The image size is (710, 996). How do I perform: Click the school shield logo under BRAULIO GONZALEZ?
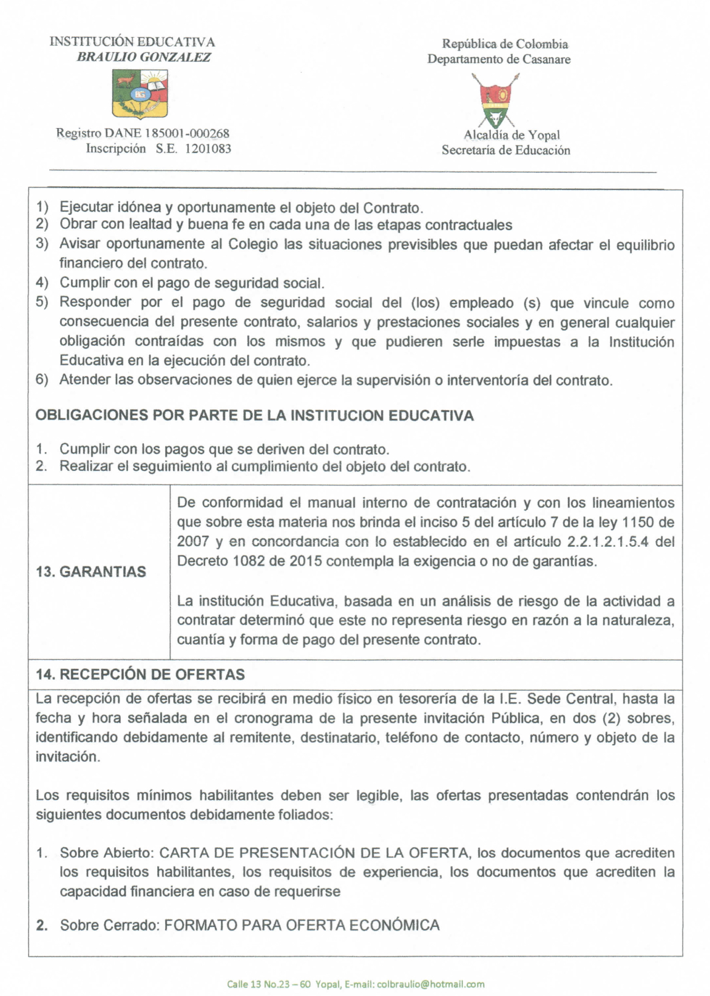(140, 93)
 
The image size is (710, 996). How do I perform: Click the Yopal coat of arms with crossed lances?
(496, 101)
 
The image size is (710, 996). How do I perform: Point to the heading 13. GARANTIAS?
(91, 572)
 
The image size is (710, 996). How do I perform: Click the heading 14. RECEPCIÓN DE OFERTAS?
(140, 674)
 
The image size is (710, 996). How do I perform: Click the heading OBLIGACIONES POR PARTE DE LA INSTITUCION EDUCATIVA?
(255, 416)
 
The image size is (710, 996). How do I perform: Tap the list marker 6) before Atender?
(42, 380)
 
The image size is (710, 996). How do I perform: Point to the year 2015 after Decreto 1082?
(305, 561)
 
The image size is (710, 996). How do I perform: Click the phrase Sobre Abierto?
(106, 853)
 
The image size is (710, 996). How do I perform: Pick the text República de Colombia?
(505, 44)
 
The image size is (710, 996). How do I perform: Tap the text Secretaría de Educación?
(505, 150)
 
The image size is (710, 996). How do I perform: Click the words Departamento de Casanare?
(499, 59)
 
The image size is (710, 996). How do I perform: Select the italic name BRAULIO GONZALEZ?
(144, 57)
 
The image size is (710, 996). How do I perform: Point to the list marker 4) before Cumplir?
(42, 283)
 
